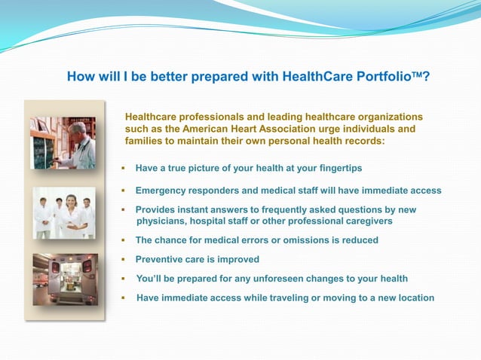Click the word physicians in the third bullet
click(161, 221)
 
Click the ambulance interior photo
click(64, 279)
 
